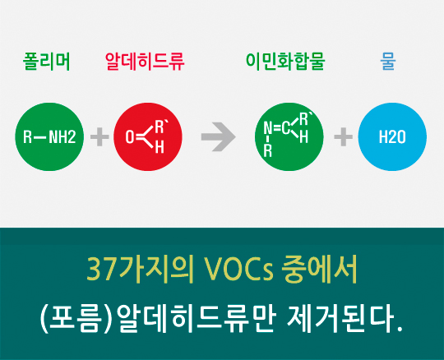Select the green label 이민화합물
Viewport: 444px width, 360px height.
(x=285, y=62)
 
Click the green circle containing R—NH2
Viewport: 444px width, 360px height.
(x=50, y=136)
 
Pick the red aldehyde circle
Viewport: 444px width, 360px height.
(x=147, y=136)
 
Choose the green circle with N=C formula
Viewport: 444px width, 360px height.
(x=289, y=136)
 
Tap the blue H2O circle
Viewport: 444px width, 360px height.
(x=392, y=136)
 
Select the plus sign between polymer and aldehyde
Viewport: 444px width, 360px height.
(x=99, y=136)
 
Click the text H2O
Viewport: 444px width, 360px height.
(x=392, y=136)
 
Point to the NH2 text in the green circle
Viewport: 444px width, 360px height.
(x=62, y=136)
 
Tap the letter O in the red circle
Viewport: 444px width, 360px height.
(x=130, y=136)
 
